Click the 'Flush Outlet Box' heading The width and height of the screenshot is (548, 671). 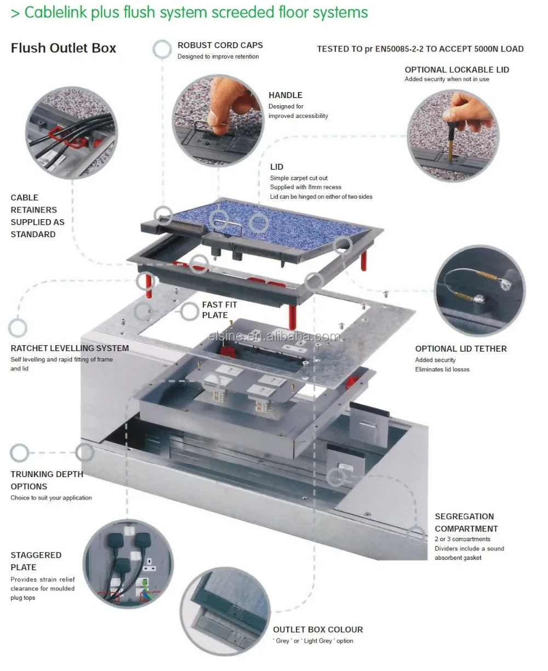click(x=64, y=48)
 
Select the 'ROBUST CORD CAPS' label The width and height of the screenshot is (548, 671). click(x=220, y=45)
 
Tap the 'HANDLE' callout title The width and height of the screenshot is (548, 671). click(x=285, y=95)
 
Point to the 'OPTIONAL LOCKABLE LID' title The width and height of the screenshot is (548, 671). click(x=456, y=70)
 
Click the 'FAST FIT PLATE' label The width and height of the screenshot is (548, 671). click(x=219, y=310)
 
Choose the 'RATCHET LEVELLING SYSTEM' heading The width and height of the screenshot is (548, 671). click(x=70, y=348)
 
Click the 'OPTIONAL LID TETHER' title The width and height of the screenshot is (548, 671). click(x=460, y=349)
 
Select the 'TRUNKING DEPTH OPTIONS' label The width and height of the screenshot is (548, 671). click(x=47, y=480)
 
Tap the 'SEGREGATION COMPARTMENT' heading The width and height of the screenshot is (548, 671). click(x=466, y=523)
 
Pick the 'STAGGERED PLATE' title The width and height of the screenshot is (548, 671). click(x=36, y=561)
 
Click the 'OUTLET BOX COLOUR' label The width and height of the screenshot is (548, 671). click(x=318, y=630)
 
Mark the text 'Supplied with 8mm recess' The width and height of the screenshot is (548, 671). click(x=305, y=187)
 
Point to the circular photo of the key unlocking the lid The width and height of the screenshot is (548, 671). click(x=453, y=135)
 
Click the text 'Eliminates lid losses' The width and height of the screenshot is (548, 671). click(x=442, y=369)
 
